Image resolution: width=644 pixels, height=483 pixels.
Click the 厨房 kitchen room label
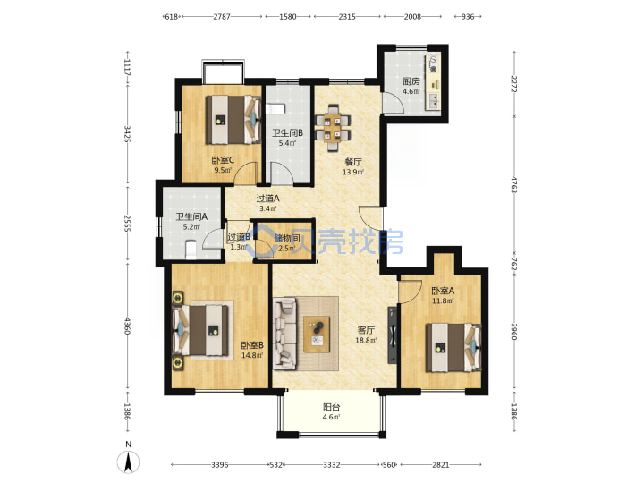(411, 81)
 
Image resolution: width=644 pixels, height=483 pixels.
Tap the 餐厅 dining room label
(353, 162)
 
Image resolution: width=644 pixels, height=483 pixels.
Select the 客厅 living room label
(366, 330)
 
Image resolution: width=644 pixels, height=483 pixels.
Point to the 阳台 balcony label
(331, 408)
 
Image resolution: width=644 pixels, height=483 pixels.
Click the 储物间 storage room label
(287, 238)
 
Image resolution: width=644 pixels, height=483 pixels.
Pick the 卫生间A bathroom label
(191, 216)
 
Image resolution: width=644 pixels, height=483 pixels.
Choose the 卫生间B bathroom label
(287, 133)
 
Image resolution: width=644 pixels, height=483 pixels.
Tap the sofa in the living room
(285, 332)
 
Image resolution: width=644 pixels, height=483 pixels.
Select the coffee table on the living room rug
(317, 334)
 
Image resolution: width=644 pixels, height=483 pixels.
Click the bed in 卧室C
(233, 120)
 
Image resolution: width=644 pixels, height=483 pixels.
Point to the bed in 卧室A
(453, 347)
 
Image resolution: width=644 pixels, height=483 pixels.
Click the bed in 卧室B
(201, 331)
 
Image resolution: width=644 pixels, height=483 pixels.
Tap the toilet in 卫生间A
(191, 250)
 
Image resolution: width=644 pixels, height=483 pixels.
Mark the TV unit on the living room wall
(393, 335)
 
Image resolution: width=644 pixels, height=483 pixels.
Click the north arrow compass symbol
(129, 461)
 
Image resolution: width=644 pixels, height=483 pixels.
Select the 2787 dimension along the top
(222, 17)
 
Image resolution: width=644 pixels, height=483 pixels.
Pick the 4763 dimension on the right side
(514, 184)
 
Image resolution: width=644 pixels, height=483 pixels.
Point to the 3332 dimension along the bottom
(331, 465)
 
